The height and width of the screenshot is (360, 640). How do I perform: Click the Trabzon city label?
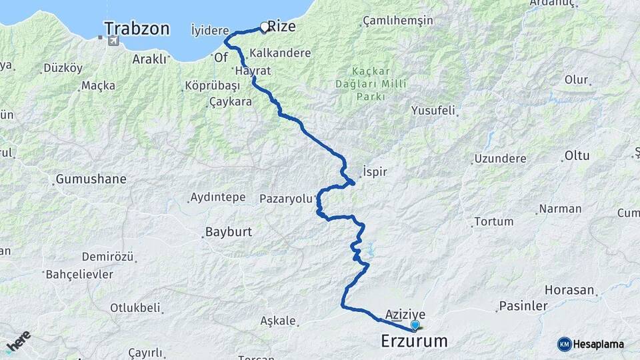[137, 29]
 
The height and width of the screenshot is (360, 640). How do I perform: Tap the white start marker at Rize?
[265, 27]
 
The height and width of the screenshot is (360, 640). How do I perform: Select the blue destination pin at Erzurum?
[415, 325]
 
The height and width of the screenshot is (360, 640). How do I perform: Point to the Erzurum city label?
[413, 341]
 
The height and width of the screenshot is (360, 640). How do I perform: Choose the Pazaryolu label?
[286, 198]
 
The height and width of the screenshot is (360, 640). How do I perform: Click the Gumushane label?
[91, 179]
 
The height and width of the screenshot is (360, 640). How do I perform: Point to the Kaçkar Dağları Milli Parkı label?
[369, 83]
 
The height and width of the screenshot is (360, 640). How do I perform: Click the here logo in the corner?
[18, 341]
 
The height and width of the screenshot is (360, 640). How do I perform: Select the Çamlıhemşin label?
[398, 21]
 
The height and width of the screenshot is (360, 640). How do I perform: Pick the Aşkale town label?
[279, 321]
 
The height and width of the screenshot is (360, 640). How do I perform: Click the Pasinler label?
[521, 307]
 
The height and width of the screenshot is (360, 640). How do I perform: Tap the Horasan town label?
[569, 290]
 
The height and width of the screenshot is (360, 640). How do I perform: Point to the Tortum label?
[493, 221]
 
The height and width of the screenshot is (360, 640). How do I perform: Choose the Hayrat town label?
[251, 70]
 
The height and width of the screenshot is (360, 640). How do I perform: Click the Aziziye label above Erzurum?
[405, 313]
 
